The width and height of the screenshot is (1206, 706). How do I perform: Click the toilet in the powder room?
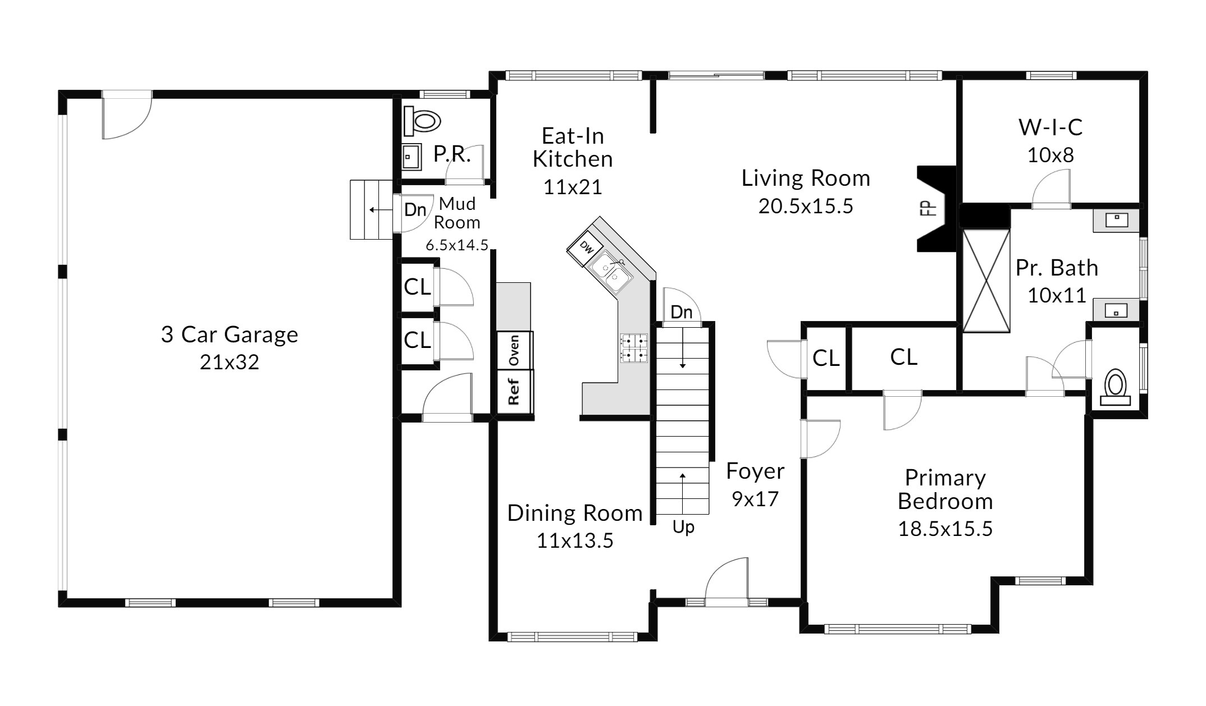[x=422, y=121]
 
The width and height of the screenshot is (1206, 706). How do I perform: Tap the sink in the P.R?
[x=412, y=157]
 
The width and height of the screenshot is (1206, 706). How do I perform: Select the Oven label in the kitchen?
[x=514, y=350]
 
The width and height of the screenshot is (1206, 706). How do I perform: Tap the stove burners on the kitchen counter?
[x=634, y=348]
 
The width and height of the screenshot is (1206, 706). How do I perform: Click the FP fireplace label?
[x=929, y=208]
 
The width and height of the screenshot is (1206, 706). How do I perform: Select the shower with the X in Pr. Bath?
[x=986, y=281]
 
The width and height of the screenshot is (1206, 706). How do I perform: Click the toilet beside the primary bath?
[x=1115, y=387]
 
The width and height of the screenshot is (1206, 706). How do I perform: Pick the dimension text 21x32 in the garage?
[x=230, y=363]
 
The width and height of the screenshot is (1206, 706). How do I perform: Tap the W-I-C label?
[x=1050, y=127]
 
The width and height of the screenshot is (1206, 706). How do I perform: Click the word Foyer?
[x=755, y=471]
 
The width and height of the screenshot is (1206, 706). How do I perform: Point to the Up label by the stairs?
[x=683, y=528]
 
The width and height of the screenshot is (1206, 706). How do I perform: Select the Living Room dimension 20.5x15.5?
[x=806, y=207]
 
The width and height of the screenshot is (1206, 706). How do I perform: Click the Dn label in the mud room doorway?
[x=415, y=210]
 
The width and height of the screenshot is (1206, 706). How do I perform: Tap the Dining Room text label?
[x=575, y=514]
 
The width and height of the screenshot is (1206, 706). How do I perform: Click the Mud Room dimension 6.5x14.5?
[x=457, y=245]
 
